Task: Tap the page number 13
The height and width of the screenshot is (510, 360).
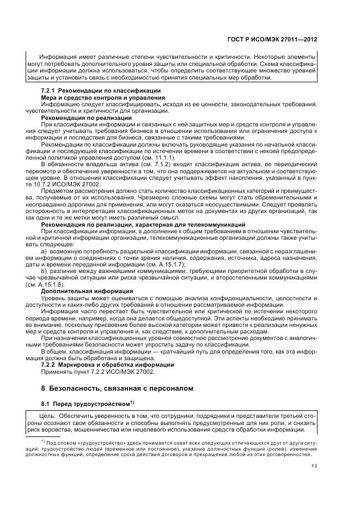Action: click(314, 465)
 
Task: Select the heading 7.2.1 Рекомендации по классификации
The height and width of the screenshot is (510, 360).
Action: click(101, 90)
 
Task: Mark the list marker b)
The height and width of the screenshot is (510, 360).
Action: click(44, 271)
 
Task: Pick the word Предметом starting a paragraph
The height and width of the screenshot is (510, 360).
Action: click(58, 192)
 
